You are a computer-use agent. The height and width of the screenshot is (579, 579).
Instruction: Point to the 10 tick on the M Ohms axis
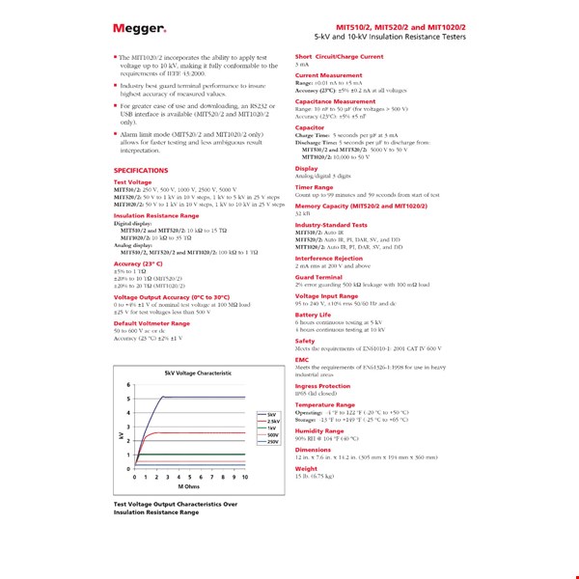coord(245,477)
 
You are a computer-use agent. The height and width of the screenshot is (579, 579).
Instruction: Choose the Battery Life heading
coord(313,315)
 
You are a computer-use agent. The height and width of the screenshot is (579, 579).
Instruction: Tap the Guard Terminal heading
coord(317,277)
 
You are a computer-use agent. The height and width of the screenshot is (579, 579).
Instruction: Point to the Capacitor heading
coord(310,126)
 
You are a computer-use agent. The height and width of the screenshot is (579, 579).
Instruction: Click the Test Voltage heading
coord(132,181)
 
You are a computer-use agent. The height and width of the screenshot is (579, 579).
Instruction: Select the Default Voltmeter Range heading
coord(152,323)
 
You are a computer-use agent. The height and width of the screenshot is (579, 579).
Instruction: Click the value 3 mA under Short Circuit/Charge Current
coord(302,65)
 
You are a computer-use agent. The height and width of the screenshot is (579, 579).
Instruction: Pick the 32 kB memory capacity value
coord(303,212)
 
